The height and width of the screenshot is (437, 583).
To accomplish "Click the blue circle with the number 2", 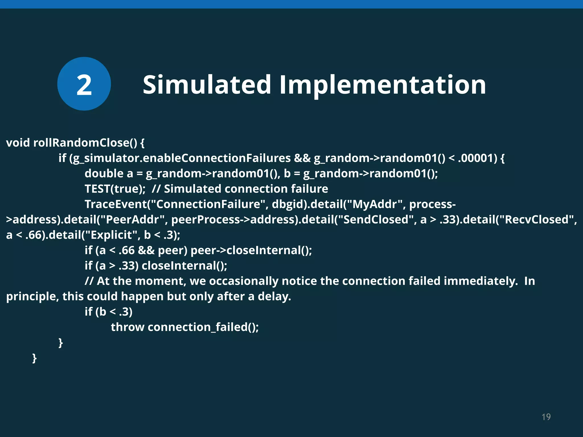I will pos(84,84).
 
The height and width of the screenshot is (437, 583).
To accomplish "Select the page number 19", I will pos(546,417).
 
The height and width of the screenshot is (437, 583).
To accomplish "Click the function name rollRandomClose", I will pos(85,143).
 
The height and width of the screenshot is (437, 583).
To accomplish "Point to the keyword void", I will pos(18,143).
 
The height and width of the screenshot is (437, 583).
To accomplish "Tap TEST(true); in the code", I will pos(115,189).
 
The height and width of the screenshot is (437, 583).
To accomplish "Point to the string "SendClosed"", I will pos(374,219).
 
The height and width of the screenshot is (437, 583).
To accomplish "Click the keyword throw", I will pos(128,327).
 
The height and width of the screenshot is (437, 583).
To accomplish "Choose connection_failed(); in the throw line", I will pos(203,327).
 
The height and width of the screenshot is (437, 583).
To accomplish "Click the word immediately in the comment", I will pos(481,281).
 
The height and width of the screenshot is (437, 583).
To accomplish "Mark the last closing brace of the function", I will pos(34,358).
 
